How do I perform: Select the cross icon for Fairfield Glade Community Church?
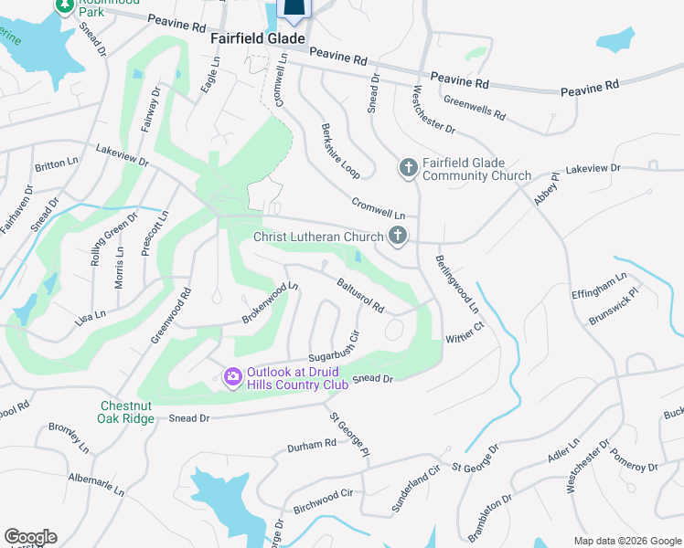click(408, 167)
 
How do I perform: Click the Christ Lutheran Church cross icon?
click(397, 237)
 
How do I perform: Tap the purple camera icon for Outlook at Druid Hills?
click(232, 375)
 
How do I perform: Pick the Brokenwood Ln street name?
click(271, 302)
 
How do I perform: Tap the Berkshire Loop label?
click(340, 151)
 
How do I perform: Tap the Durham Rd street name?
click(312, 445)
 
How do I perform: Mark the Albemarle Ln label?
click(96, 483)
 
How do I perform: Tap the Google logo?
click(30, 537)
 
